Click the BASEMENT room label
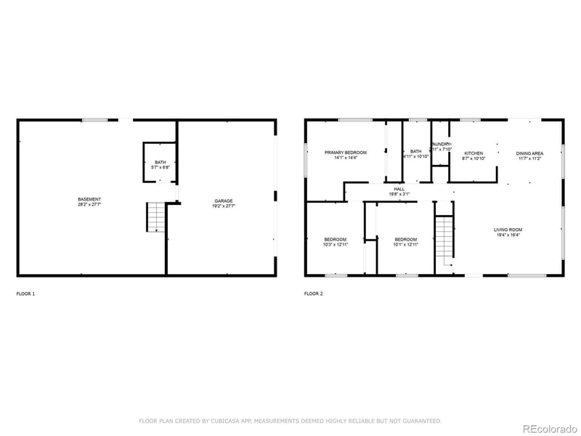[90, 199]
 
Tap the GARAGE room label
[223, 201]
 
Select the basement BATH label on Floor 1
[160, 163]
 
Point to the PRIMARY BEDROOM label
[345, 153]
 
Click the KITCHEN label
[474, 153]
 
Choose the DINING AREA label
[529, 153]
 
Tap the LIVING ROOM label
[508, 230]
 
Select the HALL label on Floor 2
[399, 189]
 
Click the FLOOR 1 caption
[25, 294]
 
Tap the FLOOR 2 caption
[314, 294]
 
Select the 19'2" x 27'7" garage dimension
[223, 206]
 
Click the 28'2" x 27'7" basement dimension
[90, 206]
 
